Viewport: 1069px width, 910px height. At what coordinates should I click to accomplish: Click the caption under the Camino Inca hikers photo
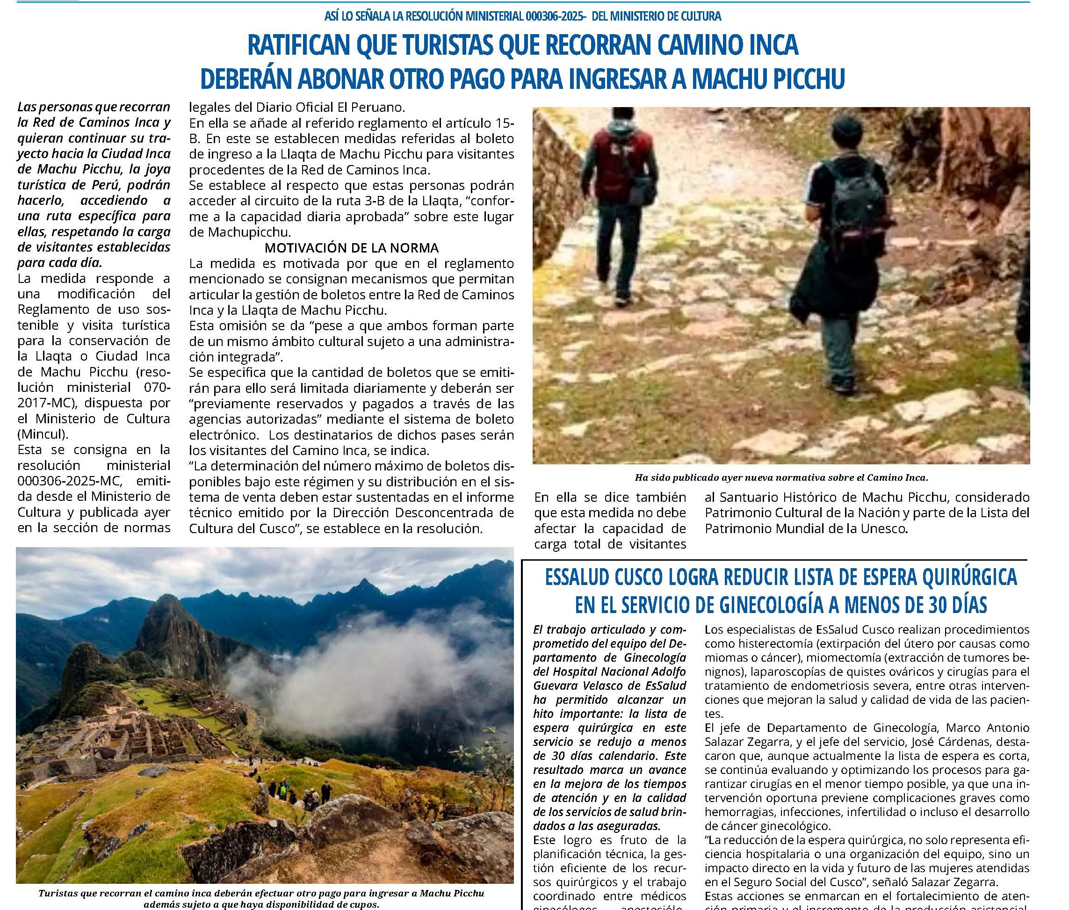(x=781, y=477)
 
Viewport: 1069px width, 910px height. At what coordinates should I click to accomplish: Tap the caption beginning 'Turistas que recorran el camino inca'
(x=261, y=894)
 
